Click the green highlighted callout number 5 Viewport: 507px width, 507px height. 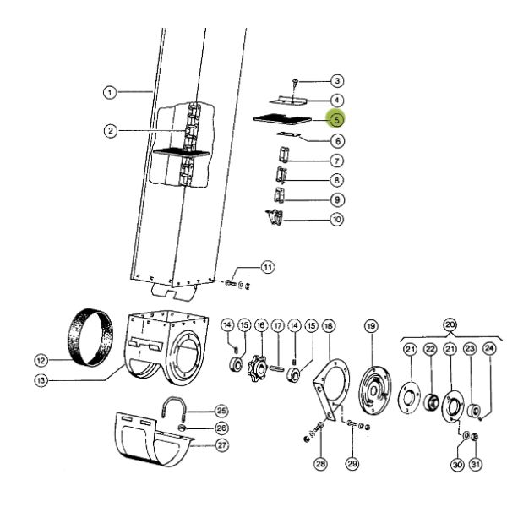click(x=336, y=120)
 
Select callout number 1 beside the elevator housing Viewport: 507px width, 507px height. click(x=110, y=93)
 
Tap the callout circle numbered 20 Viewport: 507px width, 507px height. click(x=450, y=324)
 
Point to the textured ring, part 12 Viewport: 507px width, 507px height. click(x=90, y=337)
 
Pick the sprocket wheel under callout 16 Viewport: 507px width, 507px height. click(x=258, y=368)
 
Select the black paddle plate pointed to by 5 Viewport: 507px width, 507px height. click(x=282, y=119)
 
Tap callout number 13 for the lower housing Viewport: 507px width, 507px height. click(x=41, y=380)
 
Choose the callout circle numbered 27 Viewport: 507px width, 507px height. click(x=221, y=445)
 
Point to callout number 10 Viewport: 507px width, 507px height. click(x=337, y=219)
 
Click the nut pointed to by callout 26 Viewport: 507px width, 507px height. click(x=182, y=428)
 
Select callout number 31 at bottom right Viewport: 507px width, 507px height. click(x=475, y=465)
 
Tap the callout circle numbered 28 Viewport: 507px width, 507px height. click(x=320, y=464)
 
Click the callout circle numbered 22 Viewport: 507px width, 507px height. click(x=430, y=349)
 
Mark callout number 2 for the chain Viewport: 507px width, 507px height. click(x=111, y=131)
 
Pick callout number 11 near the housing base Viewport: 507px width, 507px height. click(x=268, y=267)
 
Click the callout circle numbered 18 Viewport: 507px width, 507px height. click(x=329, y=326)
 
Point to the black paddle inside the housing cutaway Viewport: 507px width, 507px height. click(x=181, y=152)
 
